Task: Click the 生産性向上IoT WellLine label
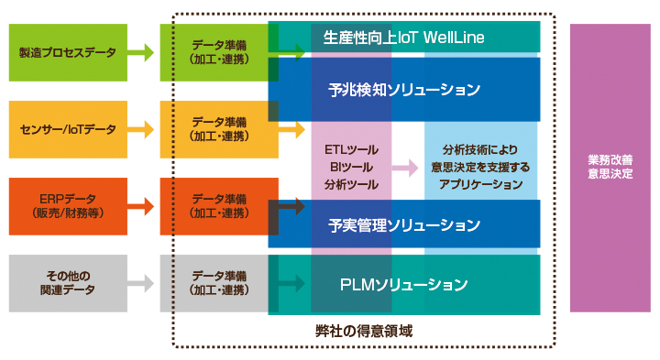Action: point(403,38)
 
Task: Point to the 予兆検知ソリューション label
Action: point(403,90)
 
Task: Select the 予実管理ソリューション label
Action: point(403,224)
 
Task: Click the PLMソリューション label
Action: point(403,284)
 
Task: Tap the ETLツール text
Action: point(351,149)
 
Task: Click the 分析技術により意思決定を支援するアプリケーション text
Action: point(480,167)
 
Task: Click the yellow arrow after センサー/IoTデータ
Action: point(140,130)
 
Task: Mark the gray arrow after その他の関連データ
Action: point(140,283)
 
